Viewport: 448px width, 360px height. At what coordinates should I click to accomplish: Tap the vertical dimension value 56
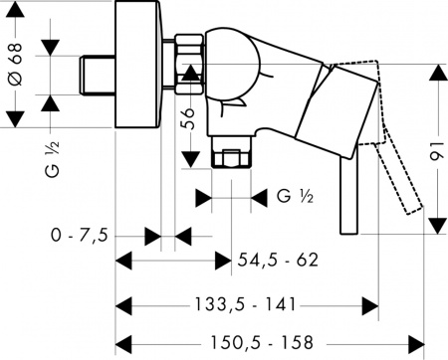tap(185, 122)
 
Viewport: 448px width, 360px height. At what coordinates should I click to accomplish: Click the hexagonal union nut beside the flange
tap(189, 62)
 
